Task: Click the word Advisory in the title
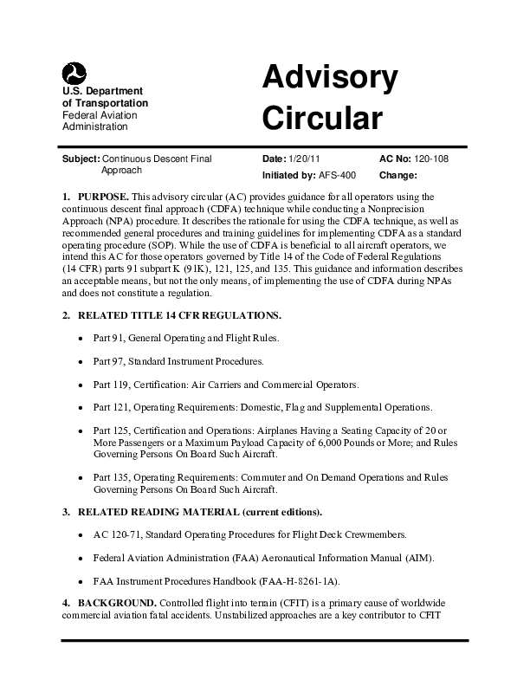click(x=330, y=80)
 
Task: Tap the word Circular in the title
click(x=321, y=119)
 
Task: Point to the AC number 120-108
click(x=430, y=159)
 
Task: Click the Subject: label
click(x=81, y=159)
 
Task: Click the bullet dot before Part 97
click(x=81, y=360)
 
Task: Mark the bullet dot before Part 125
click(x=81, y=430)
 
